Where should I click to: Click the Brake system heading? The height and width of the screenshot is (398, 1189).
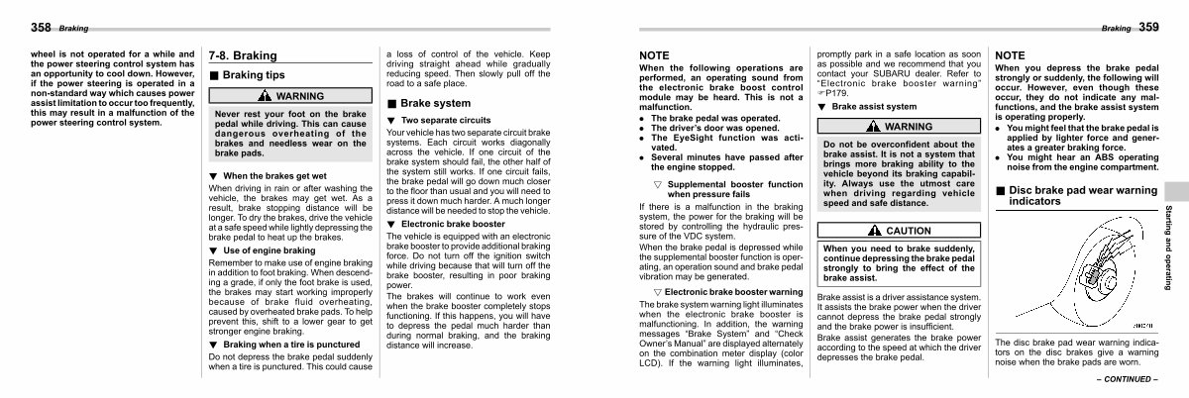(x=434, y=102)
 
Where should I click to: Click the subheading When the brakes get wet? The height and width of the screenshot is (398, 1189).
(x=265, y=175)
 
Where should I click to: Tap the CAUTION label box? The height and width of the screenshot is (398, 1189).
(x=874, y=230)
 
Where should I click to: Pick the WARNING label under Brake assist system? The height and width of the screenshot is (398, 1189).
(x=874, y=127)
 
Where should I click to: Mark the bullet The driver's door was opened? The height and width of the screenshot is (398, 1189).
(x=704, y=127)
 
